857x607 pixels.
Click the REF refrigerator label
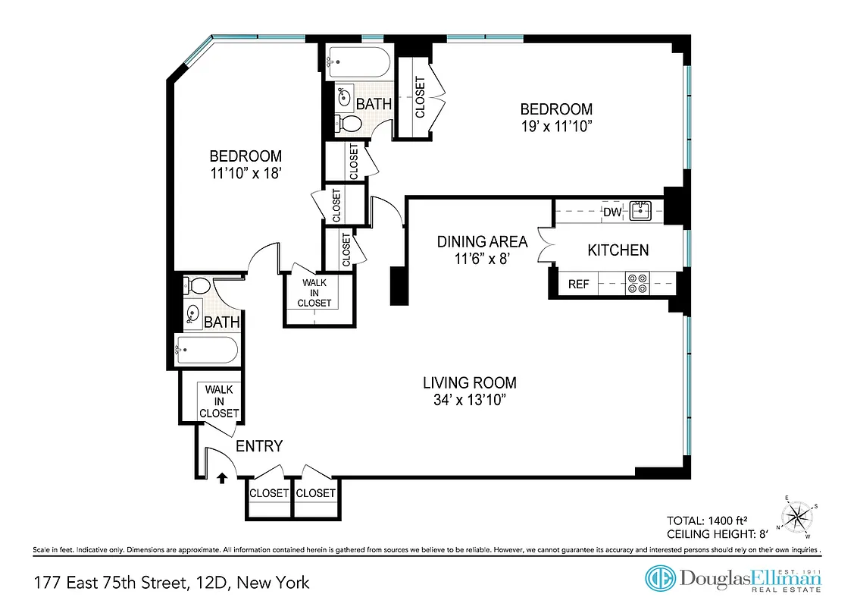[x=578, y=285]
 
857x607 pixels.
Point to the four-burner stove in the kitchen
[x=636, y=284]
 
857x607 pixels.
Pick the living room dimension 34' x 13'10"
[x=469, y=400]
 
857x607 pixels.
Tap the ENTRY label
[x=259, y=446]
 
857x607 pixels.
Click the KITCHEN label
[x=618, y=250]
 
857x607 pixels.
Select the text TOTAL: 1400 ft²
[x=707, y=521]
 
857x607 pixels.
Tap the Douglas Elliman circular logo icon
[x=660, y=578]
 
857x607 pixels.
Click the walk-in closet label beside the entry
[x=219, y=401]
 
